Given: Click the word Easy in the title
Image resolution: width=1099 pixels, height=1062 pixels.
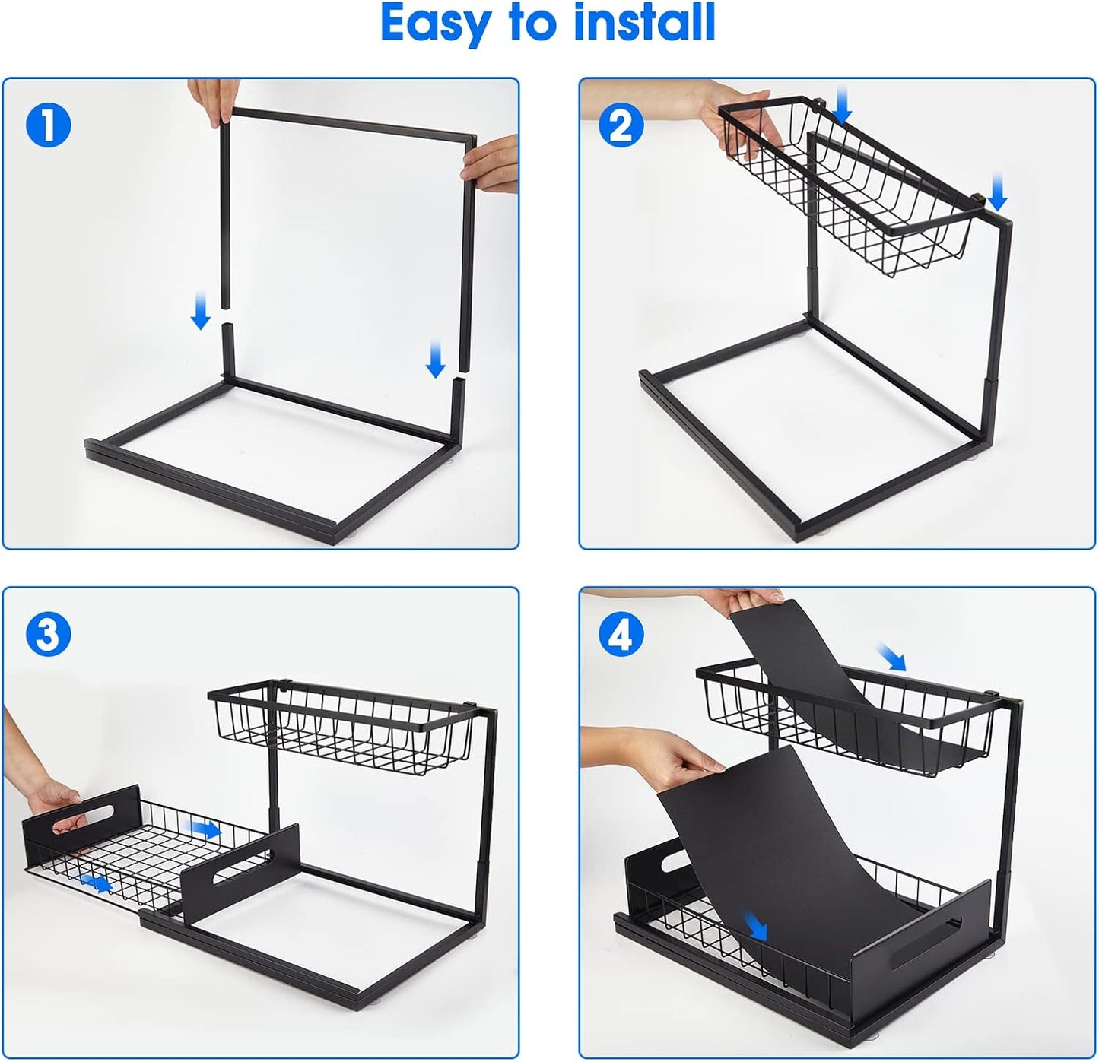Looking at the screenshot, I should pos(435,24).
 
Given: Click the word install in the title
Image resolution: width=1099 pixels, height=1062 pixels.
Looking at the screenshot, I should pos(644,23).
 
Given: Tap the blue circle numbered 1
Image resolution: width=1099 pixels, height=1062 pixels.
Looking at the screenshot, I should pos(48,125).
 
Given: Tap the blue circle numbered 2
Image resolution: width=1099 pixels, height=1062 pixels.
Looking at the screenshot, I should pos(621,125).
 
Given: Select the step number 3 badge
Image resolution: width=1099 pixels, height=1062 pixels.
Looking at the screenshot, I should pos(48,634).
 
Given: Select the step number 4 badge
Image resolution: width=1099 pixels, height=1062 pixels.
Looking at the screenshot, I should pos(621,634).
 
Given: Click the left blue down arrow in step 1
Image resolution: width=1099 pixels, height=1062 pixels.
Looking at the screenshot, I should pos(201,313).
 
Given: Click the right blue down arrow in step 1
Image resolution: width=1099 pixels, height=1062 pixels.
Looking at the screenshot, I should pos(435,360).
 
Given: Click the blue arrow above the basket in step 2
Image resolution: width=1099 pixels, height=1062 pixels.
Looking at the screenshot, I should pos(842,104).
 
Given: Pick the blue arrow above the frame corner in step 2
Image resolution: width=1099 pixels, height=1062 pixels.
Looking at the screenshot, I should pos(998,191).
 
